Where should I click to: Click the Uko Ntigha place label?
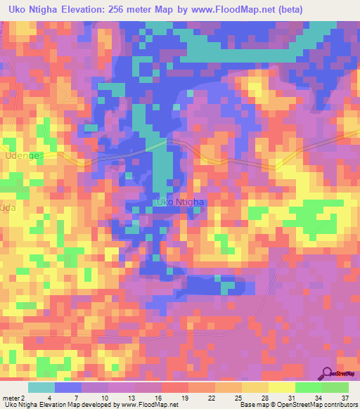point(179,202)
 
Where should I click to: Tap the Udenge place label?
point(22,155)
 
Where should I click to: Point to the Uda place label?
point(8,209)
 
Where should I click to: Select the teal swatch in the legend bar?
point(41,387)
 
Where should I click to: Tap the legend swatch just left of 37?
point(335,387)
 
